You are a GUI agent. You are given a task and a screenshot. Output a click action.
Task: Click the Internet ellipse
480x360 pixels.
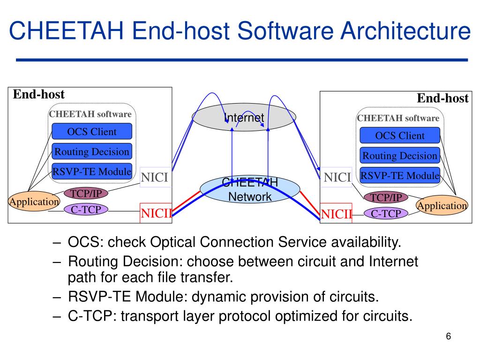[244, 117]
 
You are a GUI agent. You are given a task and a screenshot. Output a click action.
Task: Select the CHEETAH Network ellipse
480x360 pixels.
[249, 189]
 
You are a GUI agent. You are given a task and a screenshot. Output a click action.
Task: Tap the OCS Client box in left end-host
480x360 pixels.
[92, 132]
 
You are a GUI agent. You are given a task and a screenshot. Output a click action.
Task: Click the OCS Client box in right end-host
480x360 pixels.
[400, 136]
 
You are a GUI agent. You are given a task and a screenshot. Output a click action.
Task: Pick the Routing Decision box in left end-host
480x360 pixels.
[92, 152]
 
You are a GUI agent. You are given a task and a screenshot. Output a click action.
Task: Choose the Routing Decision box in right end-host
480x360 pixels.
[400, 156]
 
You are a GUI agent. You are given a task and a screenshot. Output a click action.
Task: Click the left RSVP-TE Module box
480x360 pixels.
[92, 172]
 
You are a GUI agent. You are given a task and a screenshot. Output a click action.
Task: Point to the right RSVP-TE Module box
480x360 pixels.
[400, 176]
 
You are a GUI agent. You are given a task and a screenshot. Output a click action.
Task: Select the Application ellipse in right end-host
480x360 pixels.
[442, 206]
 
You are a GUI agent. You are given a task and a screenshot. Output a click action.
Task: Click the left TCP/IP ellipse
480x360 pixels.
[86, 193]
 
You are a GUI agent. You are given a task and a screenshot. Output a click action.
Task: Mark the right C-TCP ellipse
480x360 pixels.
[386, 214]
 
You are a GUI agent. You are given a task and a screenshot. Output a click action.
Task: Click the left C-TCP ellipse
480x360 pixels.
[86, 210]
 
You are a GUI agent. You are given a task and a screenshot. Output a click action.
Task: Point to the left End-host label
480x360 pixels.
[38, 95]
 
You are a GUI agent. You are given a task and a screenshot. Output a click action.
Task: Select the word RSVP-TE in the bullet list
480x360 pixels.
[100, 297]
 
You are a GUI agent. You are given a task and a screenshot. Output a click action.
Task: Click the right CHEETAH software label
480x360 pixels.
[398, 118]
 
